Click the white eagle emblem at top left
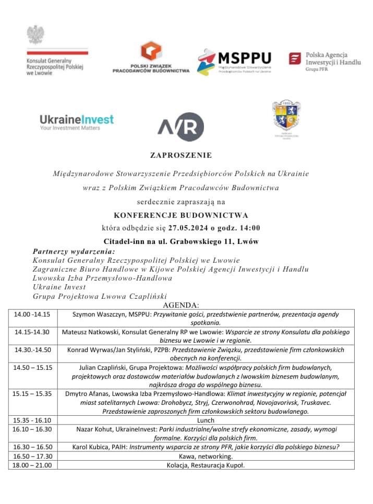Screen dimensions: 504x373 click(x=35, y=34)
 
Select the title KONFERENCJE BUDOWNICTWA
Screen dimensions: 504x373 click(x=181, y=215)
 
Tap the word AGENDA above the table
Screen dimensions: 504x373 click(x=181, y=305)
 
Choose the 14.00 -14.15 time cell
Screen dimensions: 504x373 click(x=32, y=314)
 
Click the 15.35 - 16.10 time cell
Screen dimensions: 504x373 click(x=32, y=419)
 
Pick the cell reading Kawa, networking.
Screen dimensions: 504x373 click(x=206, y=456)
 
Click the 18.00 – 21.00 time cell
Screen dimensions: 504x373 click(x=32, y=465)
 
